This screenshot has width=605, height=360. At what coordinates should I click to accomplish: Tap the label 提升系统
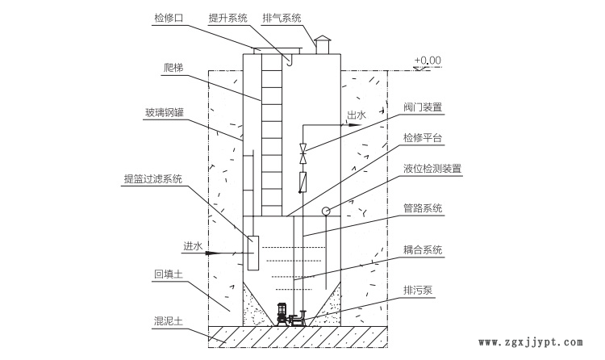(x=228, y=17)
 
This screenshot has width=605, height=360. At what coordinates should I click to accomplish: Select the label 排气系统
(x=282, y=17)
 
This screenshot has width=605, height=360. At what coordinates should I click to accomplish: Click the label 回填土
(x=169, y=275)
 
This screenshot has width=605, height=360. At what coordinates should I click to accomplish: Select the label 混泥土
(x=169, y=320)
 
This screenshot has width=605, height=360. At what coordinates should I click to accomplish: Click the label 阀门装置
(x=423, y=106)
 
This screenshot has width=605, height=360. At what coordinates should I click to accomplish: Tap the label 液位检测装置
(x=432, y=169)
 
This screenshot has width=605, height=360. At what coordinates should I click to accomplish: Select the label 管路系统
(x=423, y=208)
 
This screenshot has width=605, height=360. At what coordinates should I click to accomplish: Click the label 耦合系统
(x=423, y=250)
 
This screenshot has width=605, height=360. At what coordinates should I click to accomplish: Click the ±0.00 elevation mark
(x=428, y=61)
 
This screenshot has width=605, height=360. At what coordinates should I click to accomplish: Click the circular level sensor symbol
(x=325, y=211)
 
